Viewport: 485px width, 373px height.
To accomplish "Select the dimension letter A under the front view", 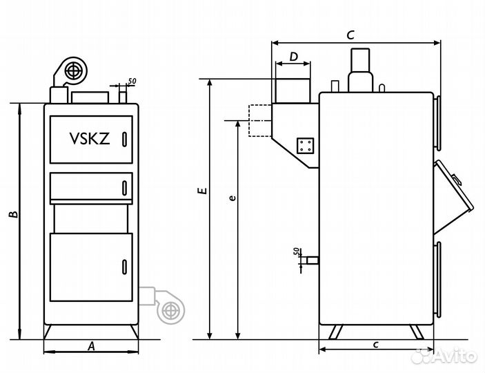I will point(90,347).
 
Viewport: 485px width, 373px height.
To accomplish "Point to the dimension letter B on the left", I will point(12,216).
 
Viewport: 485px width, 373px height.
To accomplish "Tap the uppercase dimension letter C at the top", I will point(350,34).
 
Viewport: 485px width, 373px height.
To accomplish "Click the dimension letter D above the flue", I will point(293,57).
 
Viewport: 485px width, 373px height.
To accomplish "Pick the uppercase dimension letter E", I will point(199,190).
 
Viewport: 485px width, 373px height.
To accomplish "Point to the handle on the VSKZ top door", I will point(124,139).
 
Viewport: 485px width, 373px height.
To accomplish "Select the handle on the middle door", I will point(124,186).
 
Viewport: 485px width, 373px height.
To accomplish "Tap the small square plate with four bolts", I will point(305,146).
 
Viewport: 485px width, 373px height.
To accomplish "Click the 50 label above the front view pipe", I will point(132,82).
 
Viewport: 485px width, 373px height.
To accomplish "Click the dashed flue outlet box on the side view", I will point(259,120).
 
